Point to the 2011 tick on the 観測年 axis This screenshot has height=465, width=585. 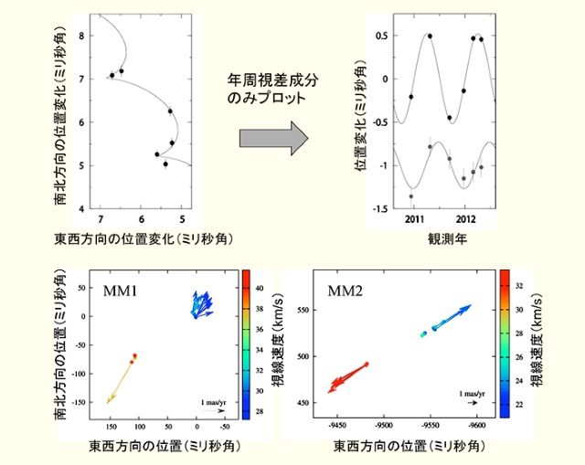pos(416,220)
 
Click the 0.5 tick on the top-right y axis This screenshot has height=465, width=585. pos(382,36)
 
